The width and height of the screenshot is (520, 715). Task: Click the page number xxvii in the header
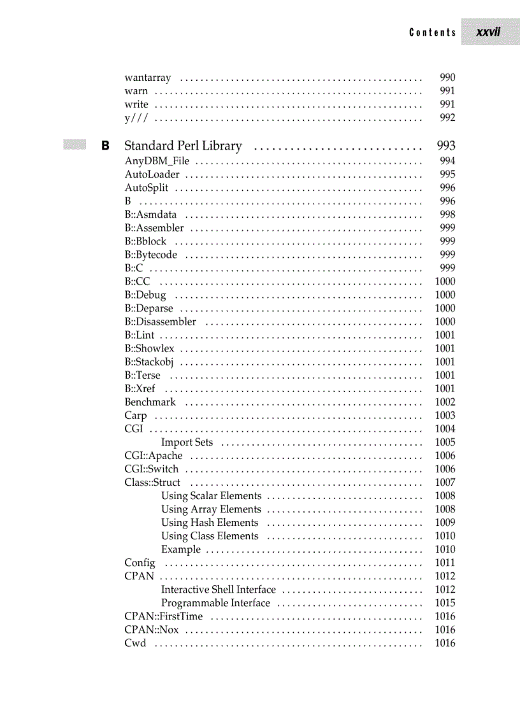[488, 32]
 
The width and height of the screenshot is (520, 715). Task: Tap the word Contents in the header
[433, 32]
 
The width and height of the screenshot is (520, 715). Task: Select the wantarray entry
[148, 78]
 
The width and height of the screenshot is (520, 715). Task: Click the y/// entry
[137, 118]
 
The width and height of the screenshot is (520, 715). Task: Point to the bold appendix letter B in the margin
[105, 146]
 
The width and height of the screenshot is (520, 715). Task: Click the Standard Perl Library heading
[183, 146]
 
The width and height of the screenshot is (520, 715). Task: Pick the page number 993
[446, 146]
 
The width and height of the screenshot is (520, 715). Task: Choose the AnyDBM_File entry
[157, 161]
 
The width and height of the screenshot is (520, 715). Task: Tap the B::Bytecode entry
[151, 255]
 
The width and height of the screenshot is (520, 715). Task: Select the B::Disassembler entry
[161, 322]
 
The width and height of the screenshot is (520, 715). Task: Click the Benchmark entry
[150, 402]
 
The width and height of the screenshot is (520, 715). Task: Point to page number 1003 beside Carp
[445, 415]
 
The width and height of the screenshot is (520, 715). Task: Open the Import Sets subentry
[187, 442]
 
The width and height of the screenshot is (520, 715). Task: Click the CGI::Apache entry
[154, 455]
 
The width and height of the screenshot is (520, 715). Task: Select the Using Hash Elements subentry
[210, 522]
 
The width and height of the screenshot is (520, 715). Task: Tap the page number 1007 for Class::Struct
[445, 482]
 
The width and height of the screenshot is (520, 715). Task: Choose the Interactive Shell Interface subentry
[219, 589]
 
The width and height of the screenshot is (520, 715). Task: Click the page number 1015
[445, 602]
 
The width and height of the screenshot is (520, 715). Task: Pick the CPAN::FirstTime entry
[164, 616]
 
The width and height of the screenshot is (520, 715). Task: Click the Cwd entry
[135, 642]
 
